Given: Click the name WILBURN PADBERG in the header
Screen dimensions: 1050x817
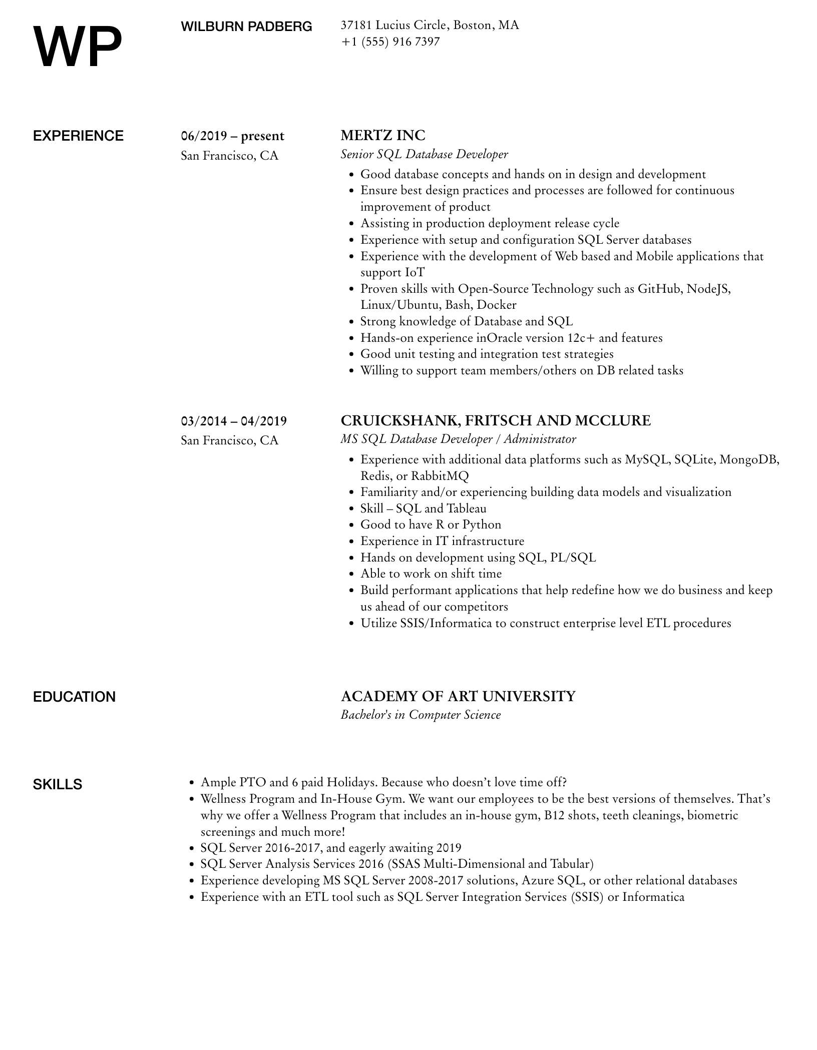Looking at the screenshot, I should point(246,27).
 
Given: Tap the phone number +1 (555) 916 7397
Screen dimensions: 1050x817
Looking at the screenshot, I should point(390,42).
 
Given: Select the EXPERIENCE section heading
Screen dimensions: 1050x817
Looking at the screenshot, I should point(78,136).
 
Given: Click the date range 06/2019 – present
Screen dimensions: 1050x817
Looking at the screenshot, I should point(232,136).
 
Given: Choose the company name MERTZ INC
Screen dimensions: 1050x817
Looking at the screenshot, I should point(382,136).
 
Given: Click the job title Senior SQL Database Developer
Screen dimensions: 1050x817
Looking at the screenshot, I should point(424,154).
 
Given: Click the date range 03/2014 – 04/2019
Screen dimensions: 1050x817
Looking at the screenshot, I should point(234,421).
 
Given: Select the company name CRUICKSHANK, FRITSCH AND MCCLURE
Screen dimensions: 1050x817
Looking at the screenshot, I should point(495,420).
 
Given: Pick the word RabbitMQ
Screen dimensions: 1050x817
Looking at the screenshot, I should point(440,476).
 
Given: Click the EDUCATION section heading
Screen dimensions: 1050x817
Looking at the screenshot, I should point(74,697).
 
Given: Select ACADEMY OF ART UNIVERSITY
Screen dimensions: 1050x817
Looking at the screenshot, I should point(458,696).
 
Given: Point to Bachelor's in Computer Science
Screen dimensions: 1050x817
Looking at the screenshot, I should point(421,715).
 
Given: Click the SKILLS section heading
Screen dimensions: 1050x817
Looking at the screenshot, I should point(58,784).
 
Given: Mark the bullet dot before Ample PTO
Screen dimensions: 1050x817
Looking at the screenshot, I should point(191,783).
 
